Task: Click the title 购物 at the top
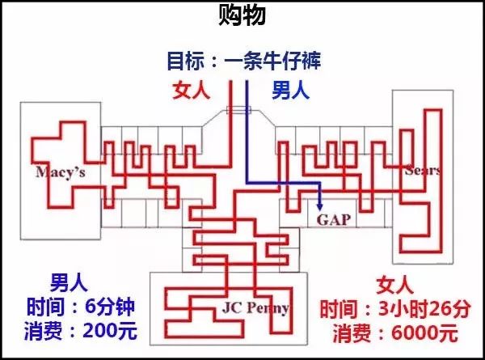242,15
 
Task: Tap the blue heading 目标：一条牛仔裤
244,61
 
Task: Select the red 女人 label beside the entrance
192,91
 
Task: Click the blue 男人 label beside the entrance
290,91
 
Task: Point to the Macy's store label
61,172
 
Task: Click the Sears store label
423,170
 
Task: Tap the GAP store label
334,220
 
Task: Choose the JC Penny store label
255,307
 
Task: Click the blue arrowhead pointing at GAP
320,206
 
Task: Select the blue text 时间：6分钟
80,307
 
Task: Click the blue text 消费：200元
80,331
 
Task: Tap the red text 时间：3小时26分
395,309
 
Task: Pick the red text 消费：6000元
395,333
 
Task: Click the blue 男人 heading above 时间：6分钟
69,282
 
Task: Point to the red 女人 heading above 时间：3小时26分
395,285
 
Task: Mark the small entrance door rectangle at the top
238,110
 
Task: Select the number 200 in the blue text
100,331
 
